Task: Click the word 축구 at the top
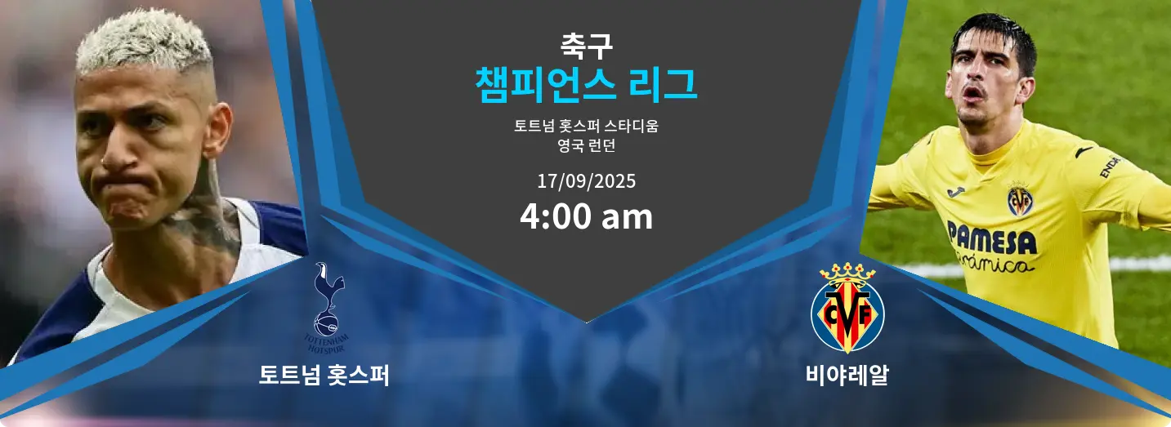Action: pos(586,46)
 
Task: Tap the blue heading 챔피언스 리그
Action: pos(586,85)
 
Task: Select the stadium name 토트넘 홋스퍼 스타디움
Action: pos(586,126)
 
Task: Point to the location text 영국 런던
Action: pos(586,145)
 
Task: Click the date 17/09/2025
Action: pos(586,181)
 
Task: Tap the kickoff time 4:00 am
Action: pos(586,216)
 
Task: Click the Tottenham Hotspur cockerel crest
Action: pos(327,308)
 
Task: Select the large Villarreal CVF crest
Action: pos(847,308)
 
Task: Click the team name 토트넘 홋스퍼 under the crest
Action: pos(324,375)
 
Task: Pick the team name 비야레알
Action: pos(847,375)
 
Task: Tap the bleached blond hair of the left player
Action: pos(144,42)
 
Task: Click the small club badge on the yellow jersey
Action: pos(1020,199)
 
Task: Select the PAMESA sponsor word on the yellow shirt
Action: pos(992,238)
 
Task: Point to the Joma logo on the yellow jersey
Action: pos(956,192)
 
